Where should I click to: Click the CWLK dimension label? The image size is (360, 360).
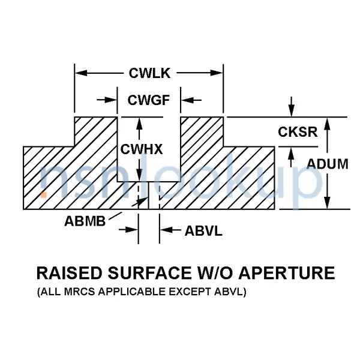pos(149,74)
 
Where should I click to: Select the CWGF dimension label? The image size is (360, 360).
pos(149,100)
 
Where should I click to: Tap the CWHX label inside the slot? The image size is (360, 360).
pos(142,149)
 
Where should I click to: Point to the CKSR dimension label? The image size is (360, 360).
pos(298,132)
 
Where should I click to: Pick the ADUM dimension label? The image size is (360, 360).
pos(328,163)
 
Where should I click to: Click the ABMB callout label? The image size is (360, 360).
pos(85,220)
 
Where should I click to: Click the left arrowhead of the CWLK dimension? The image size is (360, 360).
pos(79,73)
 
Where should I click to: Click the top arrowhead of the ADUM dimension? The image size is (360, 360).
pos(327,122)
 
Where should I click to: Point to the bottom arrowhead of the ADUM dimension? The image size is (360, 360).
pos(327,205)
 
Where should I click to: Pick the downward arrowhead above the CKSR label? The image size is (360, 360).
pos(292,112)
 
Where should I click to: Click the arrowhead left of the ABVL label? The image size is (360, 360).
pos(164,230)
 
